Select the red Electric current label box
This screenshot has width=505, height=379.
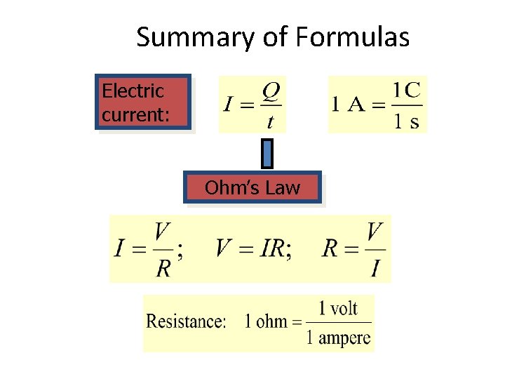[x=143, y=102]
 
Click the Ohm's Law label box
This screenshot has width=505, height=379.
[x=252, y=188]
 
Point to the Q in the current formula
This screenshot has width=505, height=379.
[x=271, y=92]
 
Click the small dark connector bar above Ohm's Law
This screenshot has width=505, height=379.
[x=267, y=154]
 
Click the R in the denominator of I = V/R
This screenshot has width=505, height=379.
[x=163, y=267]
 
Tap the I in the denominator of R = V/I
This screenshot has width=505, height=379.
[x=375, y=268]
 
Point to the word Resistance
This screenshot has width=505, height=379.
[x=186, y=321]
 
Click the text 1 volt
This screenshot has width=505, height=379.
[x=338, y=308]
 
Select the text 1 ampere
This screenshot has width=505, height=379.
[x=338, y=338]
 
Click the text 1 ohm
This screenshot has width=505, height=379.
[x=266, y=322]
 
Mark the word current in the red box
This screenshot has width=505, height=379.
[x=135, y=114]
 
